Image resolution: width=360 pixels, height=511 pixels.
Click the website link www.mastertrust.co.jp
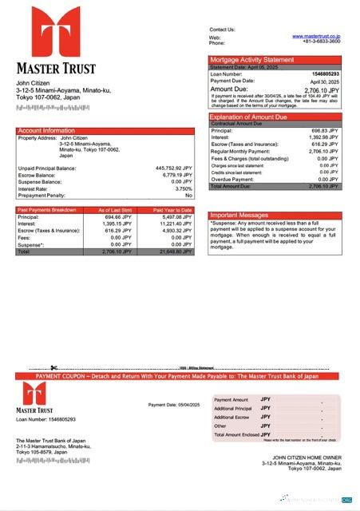click(x=316, y=36)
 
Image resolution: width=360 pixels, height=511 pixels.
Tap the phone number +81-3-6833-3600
click(x=321, y=42)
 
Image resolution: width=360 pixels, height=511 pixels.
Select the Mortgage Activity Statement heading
click(x=251, y=60)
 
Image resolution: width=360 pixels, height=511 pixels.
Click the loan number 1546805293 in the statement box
click(x=325, y=74)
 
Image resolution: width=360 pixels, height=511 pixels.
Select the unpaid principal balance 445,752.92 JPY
click(x=173, y=168)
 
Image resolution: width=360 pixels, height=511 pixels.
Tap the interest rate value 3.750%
click(x=183, y=188)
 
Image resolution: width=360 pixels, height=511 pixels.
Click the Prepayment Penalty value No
click(x=188, y=195)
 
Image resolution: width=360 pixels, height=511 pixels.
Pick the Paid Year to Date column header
click(x=173, y=209)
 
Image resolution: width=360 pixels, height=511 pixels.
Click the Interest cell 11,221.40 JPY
click(x=172, y=224)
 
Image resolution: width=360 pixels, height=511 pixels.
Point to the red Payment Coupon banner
click(x=180, y=375)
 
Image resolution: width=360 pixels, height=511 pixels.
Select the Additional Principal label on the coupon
click(x=232, y=408)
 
